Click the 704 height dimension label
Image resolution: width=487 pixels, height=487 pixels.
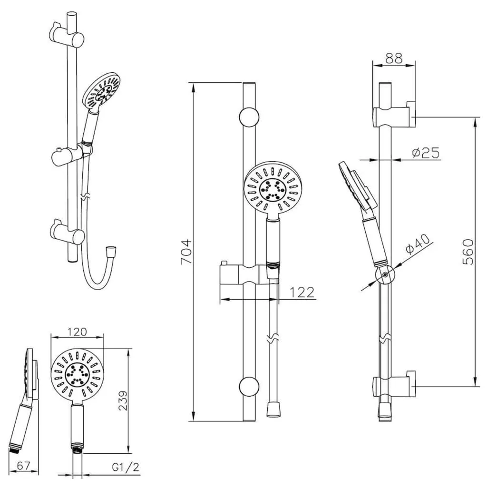(186, 252)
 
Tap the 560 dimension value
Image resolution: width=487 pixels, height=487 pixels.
(468, 252)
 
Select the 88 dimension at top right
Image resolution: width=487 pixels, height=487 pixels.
(393, 58)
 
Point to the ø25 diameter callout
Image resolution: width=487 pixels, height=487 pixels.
(426, 153)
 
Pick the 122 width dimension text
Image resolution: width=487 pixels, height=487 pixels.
(302, 292)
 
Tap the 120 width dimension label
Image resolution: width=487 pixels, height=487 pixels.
(77, 332)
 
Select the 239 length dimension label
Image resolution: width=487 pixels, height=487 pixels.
(124, 400)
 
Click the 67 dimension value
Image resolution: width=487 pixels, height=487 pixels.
(24, 466)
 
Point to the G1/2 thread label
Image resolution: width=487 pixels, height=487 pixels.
(126, 467)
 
